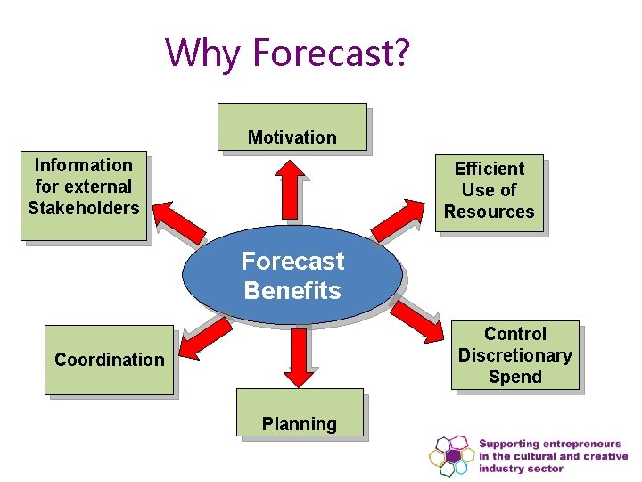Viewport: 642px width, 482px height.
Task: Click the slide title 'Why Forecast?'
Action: [288, 53]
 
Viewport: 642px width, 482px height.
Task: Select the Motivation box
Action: [292, 127]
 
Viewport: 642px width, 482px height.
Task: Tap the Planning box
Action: [300, 413]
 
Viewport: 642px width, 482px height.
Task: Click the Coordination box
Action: [109, 360]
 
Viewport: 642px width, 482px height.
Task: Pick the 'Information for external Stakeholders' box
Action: [84, 187]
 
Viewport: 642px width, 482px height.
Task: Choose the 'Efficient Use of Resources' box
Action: [489, 191]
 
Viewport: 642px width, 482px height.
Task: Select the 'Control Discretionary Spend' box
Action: [514, 355]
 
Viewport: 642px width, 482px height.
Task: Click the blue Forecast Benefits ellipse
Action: [292, 276]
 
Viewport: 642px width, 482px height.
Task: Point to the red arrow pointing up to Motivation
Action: [290, 189]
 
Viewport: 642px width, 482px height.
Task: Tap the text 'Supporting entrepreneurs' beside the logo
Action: [547, 444]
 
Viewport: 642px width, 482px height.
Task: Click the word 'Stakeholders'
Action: [84, 209]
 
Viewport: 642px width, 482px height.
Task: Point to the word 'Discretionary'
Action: [514, 355]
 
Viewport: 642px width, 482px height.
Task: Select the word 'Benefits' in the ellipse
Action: [292, 291]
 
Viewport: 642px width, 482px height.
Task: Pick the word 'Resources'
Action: [489, 212]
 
